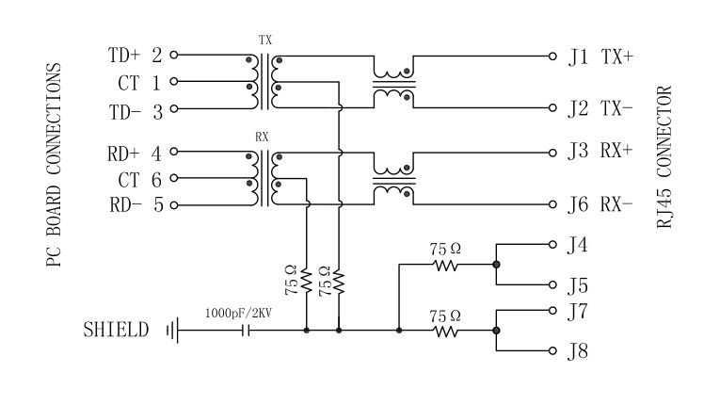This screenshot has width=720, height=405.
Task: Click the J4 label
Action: (x=578, y=245)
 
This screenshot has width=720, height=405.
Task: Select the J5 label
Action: (x=578, y=284)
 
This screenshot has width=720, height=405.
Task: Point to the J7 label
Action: (x=578, y=310)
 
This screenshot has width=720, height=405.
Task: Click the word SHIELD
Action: (x=115, y=331)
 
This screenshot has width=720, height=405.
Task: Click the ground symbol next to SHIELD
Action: (x=171, y=331)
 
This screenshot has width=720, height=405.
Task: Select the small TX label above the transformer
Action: (x=264, y=41)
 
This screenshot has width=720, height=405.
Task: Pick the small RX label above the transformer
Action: (x=263, y=137)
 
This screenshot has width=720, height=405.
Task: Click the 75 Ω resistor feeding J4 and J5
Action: (x=446, y=265)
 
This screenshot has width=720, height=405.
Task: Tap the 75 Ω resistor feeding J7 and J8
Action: (x=446, y=331)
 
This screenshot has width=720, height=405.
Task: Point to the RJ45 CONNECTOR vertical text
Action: (x=665, y=156)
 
